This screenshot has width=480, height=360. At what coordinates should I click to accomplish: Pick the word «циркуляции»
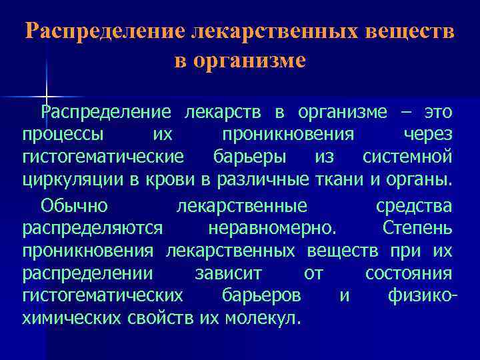coord(73,180)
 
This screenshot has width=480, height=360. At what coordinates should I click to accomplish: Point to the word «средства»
coord(413,206)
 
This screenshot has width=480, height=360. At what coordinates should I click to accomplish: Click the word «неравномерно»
coord(272,229)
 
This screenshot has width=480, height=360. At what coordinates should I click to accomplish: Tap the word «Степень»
coord(418,229)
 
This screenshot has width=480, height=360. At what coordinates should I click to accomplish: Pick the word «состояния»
coord(409,273)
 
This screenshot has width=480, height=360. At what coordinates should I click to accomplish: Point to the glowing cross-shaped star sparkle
coord(47,95)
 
